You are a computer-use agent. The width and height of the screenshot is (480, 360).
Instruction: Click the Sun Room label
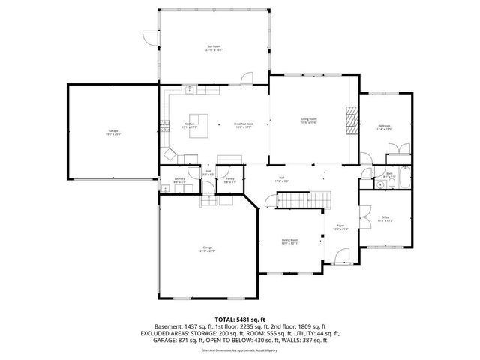(x=214, y=48)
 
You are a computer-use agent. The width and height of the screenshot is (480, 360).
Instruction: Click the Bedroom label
(x=385, y=127)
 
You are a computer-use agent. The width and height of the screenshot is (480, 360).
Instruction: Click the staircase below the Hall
(x=303, y=200)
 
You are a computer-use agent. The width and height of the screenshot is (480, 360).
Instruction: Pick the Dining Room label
(x=290, y=241)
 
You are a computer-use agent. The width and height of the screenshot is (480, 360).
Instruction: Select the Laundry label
(x=178, y=181)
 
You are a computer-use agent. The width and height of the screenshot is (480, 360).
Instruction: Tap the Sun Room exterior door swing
(x=150, y=36)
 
